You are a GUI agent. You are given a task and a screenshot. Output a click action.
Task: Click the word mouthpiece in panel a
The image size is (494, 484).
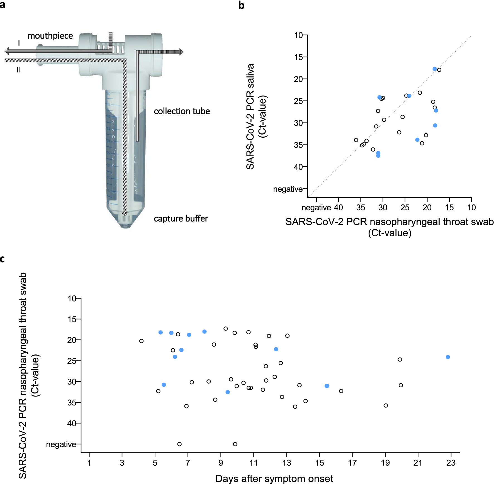pyautogui.click(x=50, y=36)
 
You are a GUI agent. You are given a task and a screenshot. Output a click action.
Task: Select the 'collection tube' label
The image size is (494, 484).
pyautogui.click(x=182, y=111)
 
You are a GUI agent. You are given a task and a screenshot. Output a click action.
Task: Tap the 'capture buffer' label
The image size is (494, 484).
pyautogui.click(x=181, y=218)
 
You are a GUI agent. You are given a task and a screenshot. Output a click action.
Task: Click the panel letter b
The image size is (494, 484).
pyautogui.click(x=241, y=5)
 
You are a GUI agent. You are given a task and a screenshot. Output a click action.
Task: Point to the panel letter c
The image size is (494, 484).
pyautogui.click(x=3, y=259)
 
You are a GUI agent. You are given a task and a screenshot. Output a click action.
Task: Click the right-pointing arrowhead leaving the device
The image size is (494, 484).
pyautogui.click(x=181, y=52)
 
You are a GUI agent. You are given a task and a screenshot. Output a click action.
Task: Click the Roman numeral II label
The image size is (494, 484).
pyautogui.click(x=19, y=70)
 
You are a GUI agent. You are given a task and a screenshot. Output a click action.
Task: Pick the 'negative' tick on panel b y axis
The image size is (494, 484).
pyautogui.click(x=288, y=189)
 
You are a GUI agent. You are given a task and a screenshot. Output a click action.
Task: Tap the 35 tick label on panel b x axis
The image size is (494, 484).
pyautogui.click(x=361, y=208)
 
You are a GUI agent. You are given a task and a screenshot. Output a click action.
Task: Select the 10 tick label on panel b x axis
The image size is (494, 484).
pyautogui.click(x=471, y=208)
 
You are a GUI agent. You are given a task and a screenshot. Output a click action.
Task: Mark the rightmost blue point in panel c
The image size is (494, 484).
pyautogui.click(x=448, y=357)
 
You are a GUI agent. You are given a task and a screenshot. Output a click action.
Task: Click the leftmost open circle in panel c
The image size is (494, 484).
pyautogui.click(x=141, y=341)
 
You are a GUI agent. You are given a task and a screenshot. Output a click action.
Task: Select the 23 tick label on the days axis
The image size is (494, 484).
pyautogui.click(x=451, y=463)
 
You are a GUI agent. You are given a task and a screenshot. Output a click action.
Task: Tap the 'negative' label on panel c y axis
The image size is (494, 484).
pyautogui.click(x=61, y=444)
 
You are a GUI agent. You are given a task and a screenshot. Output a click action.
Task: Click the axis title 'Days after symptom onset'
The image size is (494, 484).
pyautogui.click(x=274, y=478)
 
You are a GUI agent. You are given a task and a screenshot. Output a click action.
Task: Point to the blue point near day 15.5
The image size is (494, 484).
pyautogui.click(x=327, y=386)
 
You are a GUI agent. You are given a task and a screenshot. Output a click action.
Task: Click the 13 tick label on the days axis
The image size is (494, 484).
pyautogui.click(x=286, y=463)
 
